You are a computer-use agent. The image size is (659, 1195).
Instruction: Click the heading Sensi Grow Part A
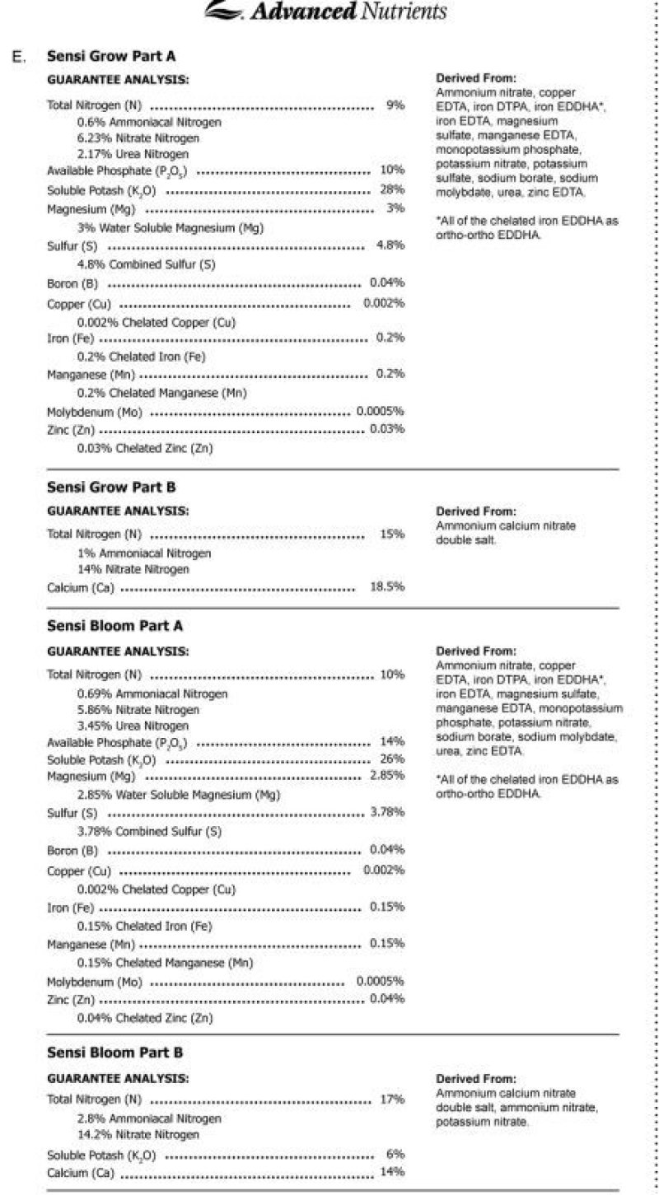click(111, 57)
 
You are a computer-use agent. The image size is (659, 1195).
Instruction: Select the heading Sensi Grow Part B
click(111, 488)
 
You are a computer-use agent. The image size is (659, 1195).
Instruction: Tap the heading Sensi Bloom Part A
click(115, 626)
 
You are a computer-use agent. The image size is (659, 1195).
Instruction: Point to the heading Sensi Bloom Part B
click(115, 1053)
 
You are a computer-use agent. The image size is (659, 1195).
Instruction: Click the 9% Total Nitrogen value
click(395, 106)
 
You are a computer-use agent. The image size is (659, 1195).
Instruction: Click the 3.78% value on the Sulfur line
click(387, 812)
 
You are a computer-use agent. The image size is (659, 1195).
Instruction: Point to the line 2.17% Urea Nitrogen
click(133, 154)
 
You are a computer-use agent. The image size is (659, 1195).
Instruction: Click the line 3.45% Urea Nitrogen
click(133, 726)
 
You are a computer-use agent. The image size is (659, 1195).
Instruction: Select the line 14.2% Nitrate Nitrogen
click(138, 1135)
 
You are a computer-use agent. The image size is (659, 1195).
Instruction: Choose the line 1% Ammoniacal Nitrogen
click(144, 553)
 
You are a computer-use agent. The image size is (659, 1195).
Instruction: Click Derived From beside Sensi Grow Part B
click(476, 511)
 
